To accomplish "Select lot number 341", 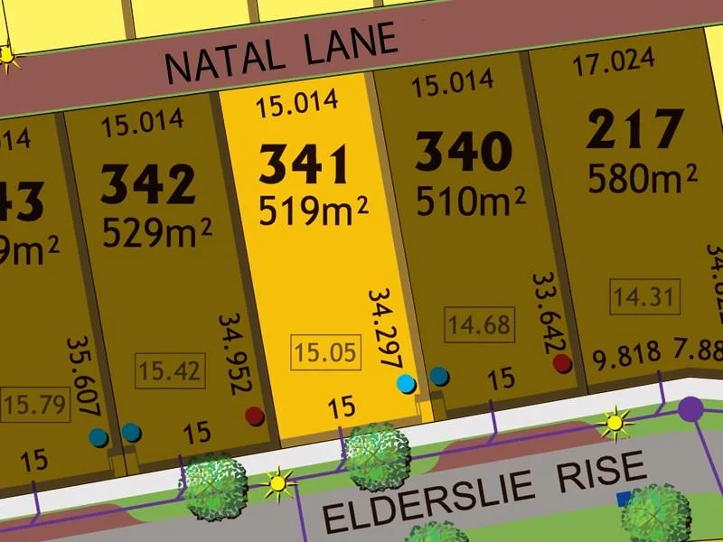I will pos(304,164).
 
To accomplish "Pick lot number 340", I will pos(464,151).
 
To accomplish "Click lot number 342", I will pos(147,183).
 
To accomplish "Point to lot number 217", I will pos(634,130).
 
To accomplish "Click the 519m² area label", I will pos(314,211).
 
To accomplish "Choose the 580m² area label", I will pos(643,177).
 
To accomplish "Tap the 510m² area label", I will pos(471,200).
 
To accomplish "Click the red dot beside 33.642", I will pos(562,364).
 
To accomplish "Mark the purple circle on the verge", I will pos(691,409).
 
